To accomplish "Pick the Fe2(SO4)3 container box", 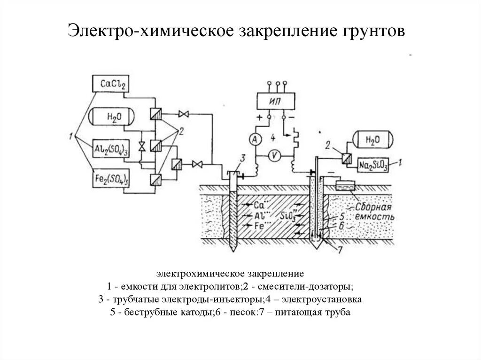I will tap(112, 179).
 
